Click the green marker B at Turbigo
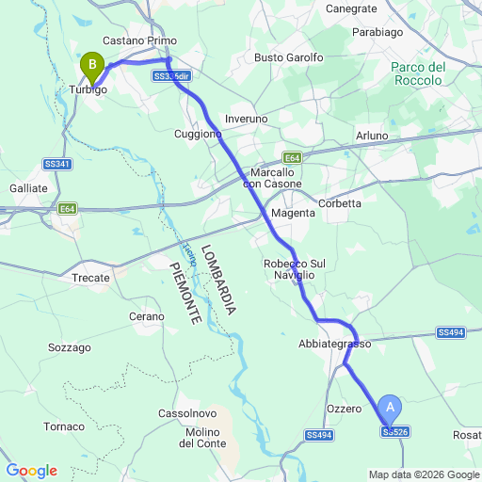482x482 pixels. point(92,65)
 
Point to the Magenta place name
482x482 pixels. point(292,214)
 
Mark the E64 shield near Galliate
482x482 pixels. point(67,209)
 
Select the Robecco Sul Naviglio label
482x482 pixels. point(294,269)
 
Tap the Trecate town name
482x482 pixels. point(91,278)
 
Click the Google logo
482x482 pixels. point(31,471)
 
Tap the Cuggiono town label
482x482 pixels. point(198,135)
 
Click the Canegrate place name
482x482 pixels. point(351,8)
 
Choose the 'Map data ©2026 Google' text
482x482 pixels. point(423,474)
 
